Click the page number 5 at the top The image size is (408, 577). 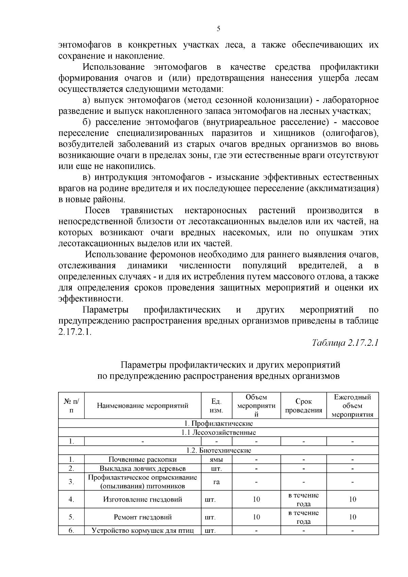tap(218, 29)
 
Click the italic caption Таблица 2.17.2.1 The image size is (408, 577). tap(345, 343)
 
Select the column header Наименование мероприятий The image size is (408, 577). tap(142, 405)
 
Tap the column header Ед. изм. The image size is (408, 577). tap(216, 405)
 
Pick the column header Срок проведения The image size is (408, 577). tap(303, 406)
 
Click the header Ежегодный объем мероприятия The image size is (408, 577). tap(352, 406)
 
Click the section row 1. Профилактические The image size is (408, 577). tap(218, 423)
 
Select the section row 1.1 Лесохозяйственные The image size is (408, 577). tap(218, 432)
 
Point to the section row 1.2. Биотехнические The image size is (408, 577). tap(218, 451)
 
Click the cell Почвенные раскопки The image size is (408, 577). tap(142, 459)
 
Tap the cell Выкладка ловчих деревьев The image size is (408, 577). tap(142, 469)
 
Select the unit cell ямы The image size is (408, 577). tap(216, 459)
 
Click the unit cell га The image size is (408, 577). tap(216, 482)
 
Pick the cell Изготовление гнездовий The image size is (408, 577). tap(142, 499)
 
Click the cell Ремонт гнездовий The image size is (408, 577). tap(142, 517)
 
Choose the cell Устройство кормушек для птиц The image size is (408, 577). tap(142, 530)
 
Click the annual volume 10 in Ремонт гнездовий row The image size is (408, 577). tap(352, 517)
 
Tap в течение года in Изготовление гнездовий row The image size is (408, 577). tap(303, 499)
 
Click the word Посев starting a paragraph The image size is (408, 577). tap(97, 210)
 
